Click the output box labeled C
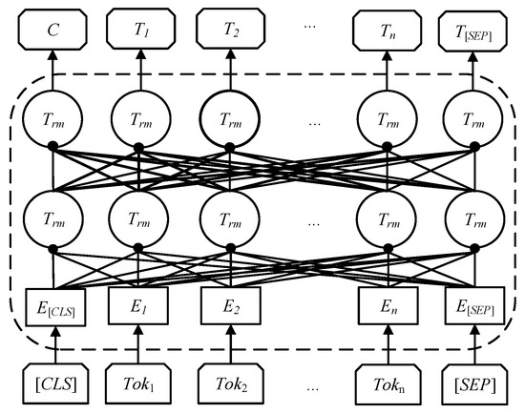point(54,28)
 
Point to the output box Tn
point(387,28)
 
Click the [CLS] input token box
point(54,387)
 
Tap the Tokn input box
point(387,387)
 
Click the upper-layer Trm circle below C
point(54,118)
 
